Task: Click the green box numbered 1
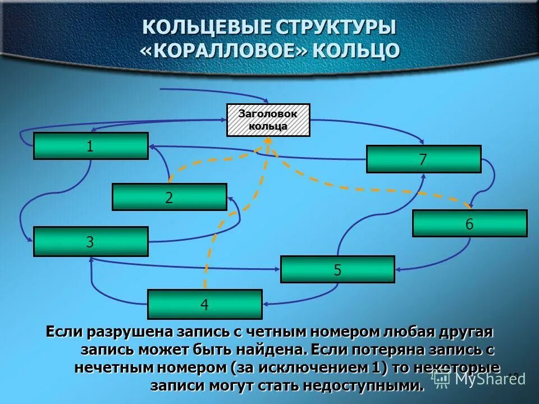coord(91,146)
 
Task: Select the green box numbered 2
coord(170,197)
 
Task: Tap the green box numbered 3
coord(91,242)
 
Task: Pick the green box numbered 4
coord(205,305)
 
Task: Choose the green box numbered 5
coord(337,269)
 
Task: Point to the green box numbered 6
coord(469,223)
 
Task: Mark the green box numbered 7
coord(423,159)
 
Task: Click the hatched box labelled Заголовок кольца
coord(268,120)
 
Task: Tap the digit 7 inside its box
coord(423,160)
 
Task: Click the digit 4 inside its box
coord(205,305)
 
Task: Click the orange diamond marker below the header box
coord(268,140)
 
